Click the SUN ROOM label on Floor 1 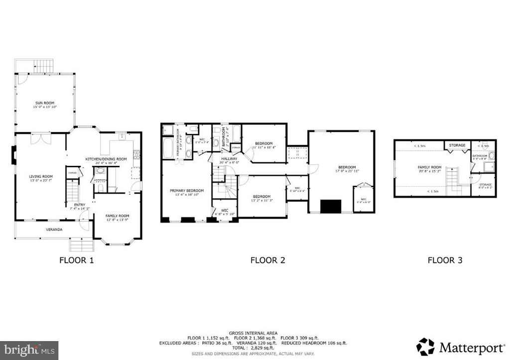[44, 103]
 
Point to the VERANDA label [54, 230]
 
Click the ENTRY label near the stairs [80, 204]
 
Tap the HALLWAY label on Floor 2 [230, 158]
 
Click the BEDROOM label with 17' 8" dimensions [347, 167]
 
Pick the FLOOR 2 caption [267, 260]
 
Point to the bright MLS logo [29, 350]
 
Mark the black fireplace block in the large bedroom [330, 206]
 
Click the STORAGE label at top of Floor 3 [457, 145]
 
